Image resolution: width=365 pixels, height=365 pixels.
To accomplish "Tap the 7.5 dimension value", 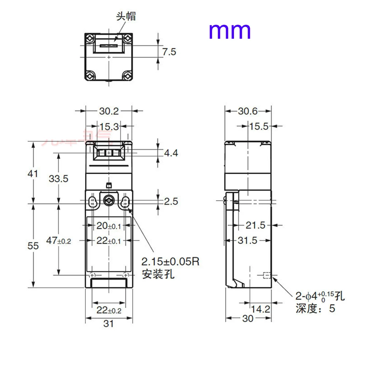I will pyautogui.click(x=169, y=52).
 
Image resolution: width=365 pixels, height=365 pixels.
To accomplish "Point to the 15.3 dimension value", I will pyautogui.click(x=109, y=127).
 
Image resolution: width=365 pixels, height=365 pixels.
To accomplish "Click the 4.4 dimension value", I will pyautogui.click(x=170, y=153).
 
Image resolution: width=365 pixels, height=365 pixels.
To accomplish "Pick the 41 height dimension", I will pyautogui.click(x=33, y=174).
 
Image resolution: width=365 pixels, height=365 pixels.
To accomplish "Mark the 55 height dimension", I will pyautogui.click(x=33, y=246).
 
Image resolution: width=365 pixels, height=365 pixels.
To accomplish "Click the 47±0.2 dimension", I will pyautogui.click(x=59, y=241).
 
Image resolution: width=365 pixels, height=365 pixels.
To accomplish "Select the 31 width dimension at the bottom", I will pyautogui.click(x=108, y=323).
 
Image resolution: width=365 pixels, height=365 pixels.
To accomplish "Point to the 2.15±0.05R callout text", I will pyautogui.click(x=171, y=262).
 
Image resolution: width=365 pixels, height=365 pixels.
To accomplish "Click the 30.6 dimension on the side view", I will pyautogui.click(x=248, y=111).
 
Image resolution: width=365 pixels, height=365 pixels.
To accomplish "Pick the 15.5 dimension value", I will pyautogui.click(x=259, y=127).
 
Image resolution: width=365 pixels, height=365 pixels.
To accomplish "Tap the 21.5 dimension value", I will pyautogui.click(x=255, y=226).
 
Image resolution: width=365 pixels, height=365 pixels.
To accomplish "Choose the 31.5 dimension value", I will pyautogui.click(x=247, y=241).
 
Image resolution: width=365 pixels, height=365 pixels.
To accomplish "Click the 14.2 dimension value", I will pyautogui.click(x=261, y=310).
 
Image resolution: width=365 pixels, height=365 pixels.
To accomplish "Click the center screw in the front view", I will pyautogui.click(x=109, y=200).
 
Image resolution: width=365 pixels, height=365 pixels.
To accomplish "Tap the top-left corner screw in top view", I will pyautogui.click(x=90, y=38).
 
